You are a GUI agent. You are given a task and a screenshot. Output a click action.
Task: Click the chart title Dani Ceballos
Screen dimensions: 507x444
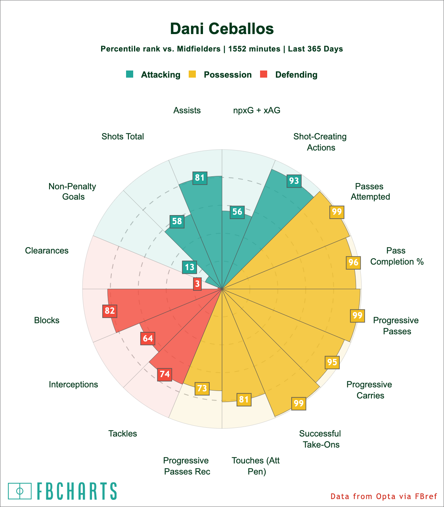222,29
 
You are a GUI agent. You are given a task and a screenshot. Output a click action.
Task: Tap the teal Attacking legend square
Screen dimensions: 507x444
130,74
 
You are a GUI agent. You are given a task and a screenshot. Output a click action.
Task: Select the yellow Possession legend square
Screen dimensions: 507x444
192,74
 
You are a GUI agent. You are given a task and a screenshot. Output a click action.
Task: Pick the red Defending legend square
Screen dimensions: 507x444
264,74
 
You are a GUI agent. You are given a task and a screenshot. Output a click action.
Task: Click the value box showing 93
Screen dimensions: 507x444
294,181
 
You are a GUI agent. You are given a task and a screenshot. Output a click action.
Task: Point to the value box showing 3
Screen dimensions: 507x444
197,284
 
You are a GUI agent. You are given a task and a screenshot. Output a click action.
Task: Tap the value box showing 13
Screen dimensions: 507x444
189,267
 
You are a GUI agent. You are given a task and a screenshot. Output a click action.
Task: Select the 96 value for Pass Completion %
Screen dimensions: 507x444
353,262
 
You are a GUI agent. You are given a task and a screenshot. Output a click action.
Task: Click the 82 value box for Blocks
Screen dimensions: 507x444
110,311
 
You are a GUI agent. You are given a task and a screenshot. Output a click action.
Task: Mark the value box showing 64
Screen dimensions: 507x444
148,339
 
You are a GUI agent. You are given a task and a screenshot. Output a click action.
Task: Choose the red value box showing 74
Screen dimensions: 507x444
165,374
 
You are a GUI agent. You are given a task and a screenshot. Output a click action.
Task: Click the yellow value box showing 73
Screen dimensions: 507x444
202,388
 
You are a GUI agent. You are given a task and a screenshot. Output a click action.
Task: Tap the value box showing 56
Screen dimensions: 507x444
237,212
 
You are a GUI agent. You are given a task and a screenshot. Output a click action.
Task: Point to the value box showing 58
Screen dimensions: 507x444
177,221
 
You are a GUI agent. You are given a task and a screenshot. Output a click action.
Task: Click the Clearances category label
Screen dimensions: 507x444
47,250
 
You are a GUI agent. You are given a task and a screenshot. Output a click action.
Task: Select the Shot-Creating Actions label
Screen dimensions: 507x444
320,142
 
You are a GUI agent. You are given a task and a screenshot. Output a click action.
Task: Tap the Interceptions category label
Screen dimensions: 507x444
73,384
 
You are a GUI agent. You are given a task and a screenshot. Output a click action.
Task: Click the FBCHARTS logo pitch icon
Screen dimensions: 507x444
19,491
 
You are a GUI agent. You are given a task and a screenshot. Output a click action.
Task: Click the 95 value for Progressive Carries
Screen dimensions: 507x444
332,362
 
